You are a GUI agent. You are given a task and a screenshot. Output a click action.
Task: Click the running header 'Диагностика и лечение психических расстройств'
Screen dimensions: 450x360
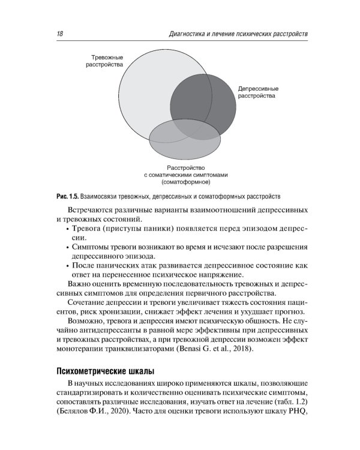click(x=239, y=34)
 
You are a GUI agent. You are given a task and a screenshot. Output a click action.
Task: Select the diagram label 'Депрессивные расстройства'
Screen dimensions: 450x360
click(x=258, y=91)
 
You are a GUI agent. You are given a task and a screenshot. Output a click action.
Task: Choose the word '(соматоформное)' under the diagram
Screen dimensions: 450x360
click(x=187, y=181)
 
